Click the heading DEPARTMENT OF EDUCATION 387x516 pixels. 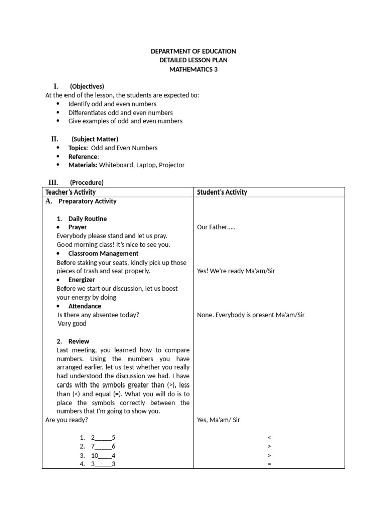pos(193,51)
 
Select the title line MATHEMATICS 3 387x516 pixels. pos(193,69)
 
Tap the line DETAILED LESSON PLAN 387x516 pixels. pos(193,60)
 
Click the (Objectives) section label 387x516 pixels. pos(87,86)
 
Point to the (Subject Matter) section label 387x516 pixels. pos(95,139)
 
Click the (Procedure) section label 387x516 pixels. pos(87,182)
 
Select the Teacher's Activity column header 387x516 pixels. pos(71,192)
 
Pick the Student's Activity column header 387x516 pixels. pos(222,192)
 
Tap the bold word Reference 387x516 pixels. pos(83,156)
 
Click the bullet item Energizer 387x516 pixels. pos(81,280)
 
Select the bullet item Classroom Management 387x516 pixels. pos(103,253)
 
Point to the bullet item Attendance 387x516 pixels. pos(84,306)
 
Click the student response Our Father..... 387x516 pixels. pos(216,227)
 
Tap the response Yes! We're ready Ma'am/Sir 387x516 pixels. pos(236,271)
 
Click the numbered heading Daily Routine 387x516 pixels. pos(87,219)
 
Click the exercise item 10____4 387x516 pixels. pos(103,455)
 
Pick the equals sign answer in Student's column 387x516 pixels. pos(269,464)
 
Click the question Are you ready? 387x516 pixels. pos(66,420)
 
